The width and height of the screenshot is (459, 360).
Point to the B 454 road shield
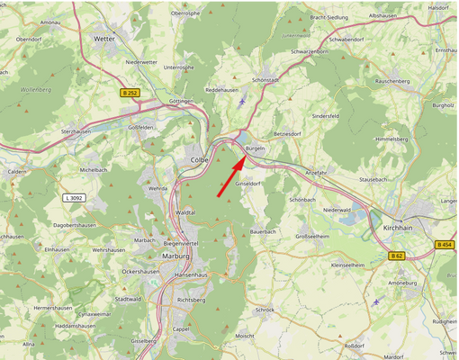point(445,244)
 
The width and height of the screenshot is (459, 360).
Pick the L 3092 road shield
point(76,197)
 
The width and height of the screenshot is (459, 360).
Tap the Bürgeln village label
point(255,148)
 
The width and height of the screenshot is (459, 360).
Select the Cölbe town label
point(200,160)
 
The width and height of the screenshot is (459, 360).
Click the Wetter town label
point(104,40)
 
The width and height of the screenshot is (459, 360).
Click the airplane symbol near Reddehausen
point(244,101)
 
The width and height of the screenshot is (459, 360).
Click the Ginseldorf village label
point(247,183)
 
